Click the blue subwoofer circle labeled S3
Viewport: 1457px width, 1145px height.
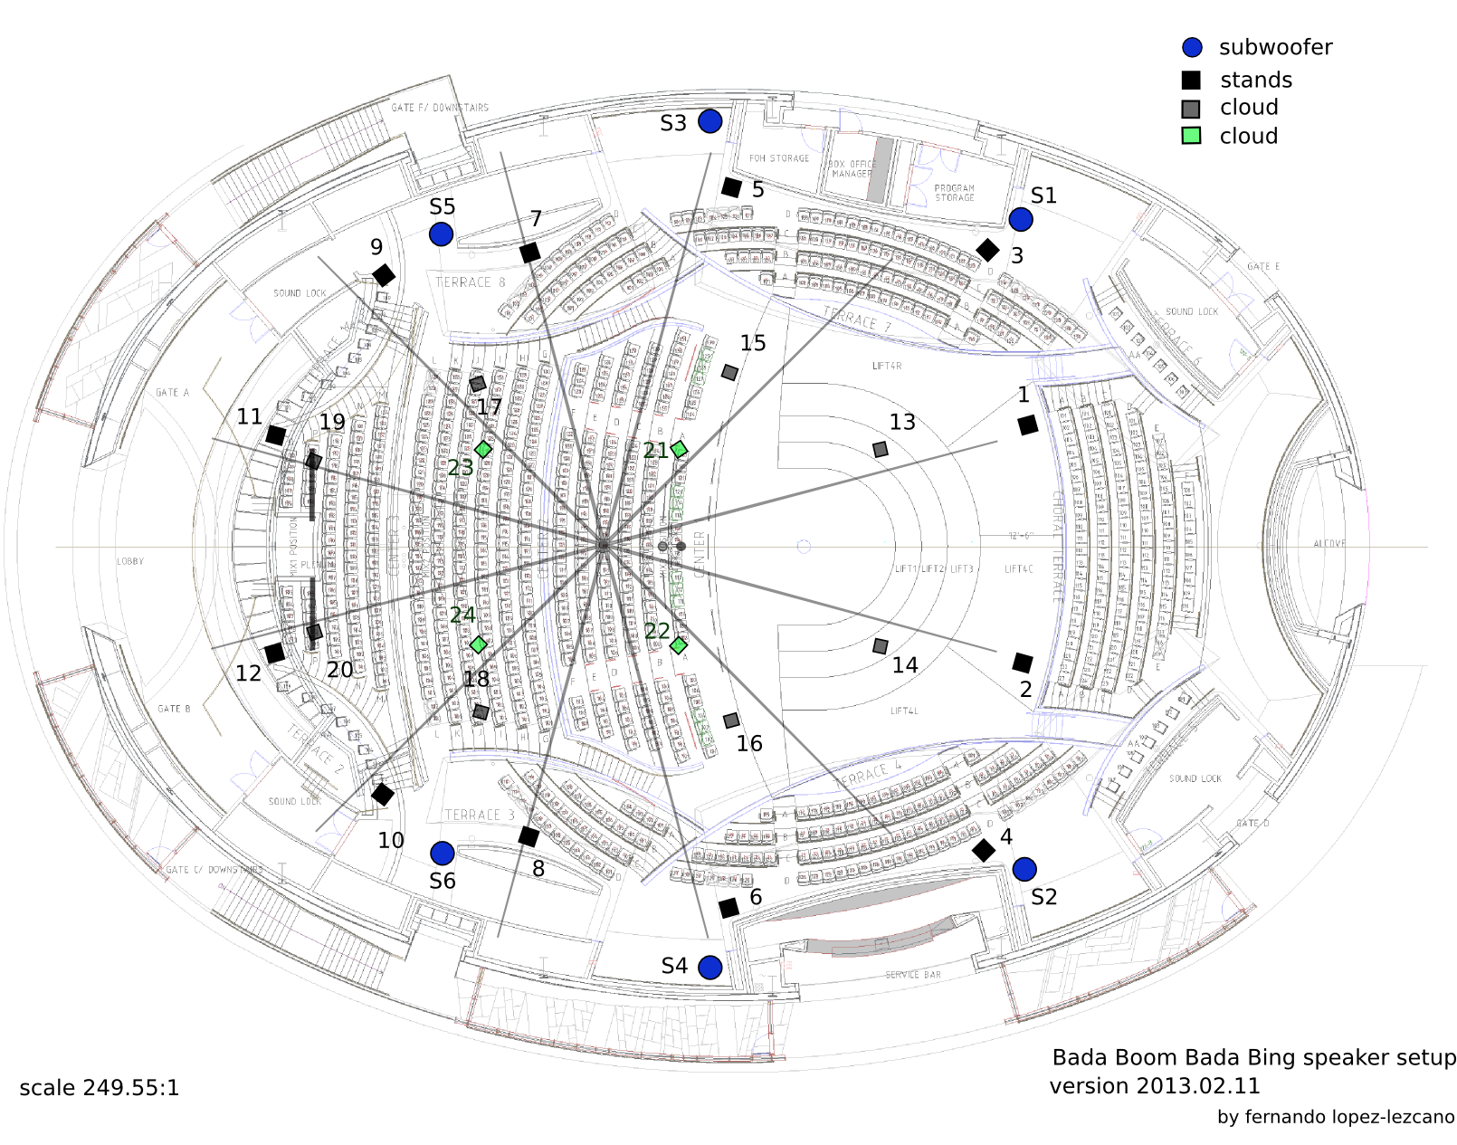(x=710, y=120)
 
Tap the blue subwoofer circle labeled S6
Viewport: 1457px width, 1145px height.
(x=442, y=853)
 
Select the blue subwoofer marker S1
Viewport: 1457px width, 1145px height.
(x=1021, y=219)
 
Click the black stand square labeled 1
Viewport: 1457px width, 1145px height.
(x=1027, y=425)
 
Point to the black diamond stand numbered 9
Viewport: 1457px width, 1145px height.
(x=384, y=275)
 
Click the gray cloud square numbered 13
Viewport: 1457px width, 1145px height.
(x=880, y=449)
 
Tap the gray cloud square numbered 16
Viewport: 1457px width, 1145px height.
(x=731, y=720)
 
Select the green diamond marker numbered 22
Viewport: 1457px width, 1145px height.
(x=678, y=644)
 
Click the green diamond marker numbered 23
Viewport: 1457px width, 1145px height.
(x=483, y=449)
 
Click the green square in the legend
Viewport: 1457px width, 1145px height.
(x=1191, y=136)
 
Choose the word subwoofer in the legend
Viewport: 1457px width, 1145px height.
(x=1275, y=47)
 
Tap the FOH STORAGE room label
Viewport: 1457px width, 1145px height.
(x=779, y=158)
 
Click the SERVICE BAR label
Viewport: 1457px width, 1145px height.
(x=913, y=975)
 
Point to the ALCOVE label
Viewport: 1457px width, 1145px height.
(x=1328, y=543)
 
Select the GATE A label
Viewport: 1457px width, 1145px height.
(x=172, y=393)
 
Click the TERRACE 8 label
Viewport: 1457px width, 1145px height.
(x=470, y=282)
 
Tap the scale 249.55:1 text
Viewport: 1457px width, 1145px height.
(x=100, y=1087)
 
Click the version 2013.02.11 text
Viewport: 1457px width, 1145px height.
(x=1154, y=1085)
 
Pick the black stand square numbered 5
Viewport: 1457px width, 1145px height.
(x=731, y=187)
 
